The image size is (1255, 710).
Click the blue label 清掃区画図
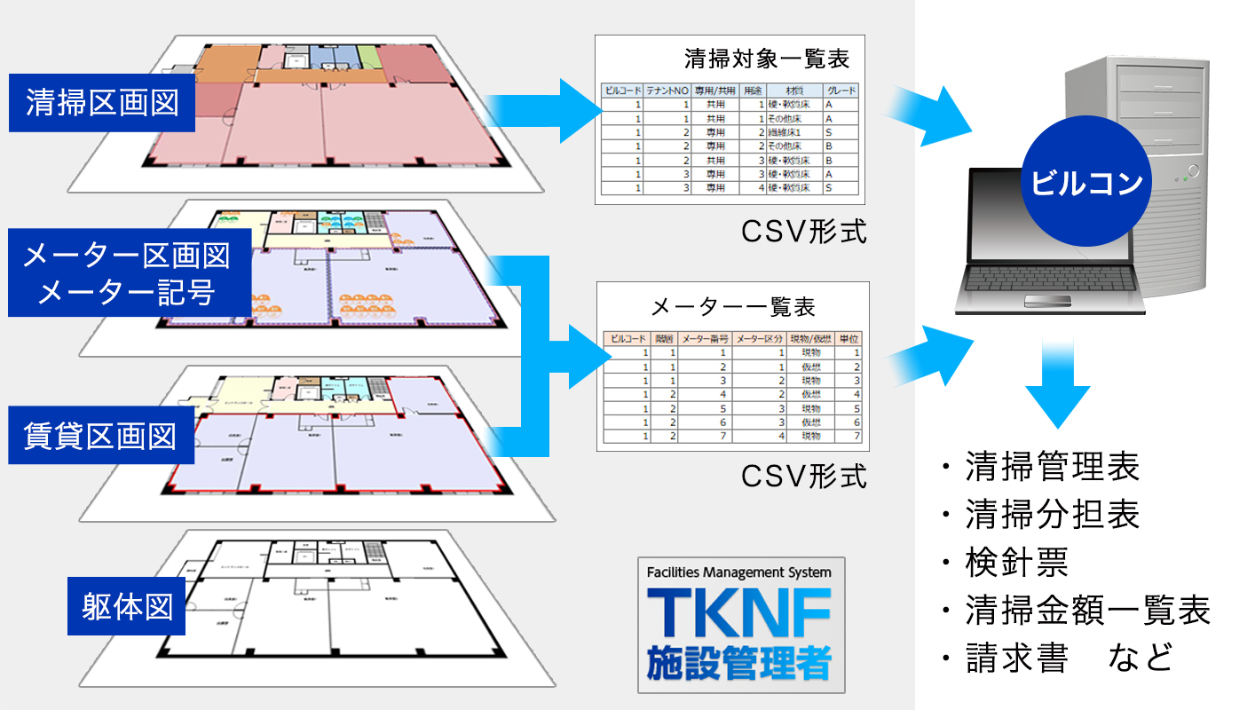point(101,102)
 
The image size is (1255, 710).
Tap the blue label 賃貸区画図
point(101,437)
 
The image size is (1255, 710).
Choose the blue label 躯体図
point(126,608)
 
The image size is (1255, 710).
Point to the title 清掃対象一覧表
point(767,59)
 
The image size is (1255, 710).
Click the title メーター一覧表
point(733,308)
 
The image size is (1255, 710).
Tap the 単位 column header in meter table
point(849,339)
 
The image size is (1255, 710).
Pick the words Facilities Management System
point(740,572)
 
